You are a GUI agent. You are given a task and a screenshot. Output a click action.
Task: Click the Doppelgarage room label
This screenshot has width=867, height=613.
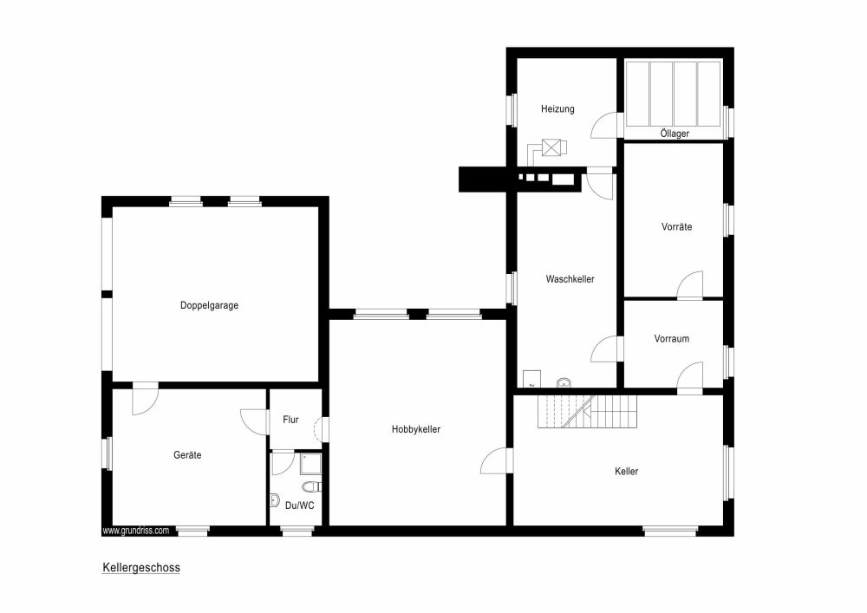point(209,305)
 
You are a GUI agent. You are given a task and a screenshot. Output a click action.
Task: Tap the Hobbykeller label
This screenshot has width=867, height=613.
point(416,429)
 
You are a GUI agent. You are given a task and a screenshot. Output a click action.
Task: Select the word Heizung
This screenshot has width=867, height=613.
point(557,109)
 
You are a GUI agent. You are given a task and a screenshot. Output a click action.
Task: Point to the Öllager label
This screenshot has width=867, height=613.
point(675,134)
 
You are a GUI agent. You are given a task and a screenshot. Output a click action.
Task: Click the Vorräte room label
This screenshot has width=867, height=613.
point(676,226)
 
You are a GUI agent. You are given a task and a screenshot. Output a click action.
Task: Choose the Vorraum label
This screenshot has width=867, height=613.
point(671,339)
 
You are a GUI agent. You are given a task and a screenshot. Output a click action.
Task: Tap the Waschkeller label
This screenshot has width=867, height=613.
point(570,279)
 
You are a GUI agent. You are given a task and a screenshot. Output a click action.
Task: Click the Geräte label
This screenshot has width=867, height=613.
point(187,455)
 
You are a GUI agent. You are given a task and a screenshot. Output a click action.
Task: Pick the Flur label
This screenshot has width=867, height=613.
point(290,420)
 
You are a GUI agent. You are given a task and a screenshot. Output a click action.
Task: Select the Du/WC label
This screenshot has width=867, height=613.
point(299,505)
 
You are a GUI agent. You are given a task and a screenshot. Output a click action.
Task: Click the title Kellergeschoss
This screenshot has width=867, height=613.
point(141,568)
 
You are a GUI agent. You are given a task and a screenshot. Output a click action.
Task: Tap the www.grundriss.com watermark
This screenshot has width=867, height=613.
point(136,531)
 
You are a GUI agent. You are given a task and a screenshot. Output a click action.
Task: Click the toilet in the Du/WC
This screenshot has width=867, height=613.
point(311,486)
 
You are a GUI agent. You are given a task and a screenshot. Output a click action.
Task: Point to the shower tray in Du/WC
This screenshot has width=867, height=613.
point(310,463)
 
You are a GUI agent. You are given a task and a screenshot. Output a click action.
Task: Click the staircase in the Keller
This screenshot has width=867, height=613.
point(587,411)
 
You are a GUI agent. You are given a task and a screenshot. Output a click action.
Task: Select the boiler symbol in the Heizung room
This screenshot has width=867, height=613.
point(551,147)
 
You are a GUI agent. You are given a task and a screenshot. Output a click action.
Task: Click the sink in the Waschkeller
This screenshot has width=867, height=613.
point(564,382)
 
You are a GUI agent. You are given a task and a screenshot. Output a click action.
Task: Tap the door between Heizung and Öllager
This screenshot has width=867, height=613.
point(603,126)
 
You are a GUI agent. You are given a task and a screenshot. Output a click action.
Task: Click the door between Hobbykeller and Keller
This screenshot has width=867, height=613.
point(496,460)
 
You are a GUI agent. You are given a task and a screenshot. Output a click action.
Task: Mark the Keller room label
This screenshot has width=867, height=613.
point(626,472)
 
